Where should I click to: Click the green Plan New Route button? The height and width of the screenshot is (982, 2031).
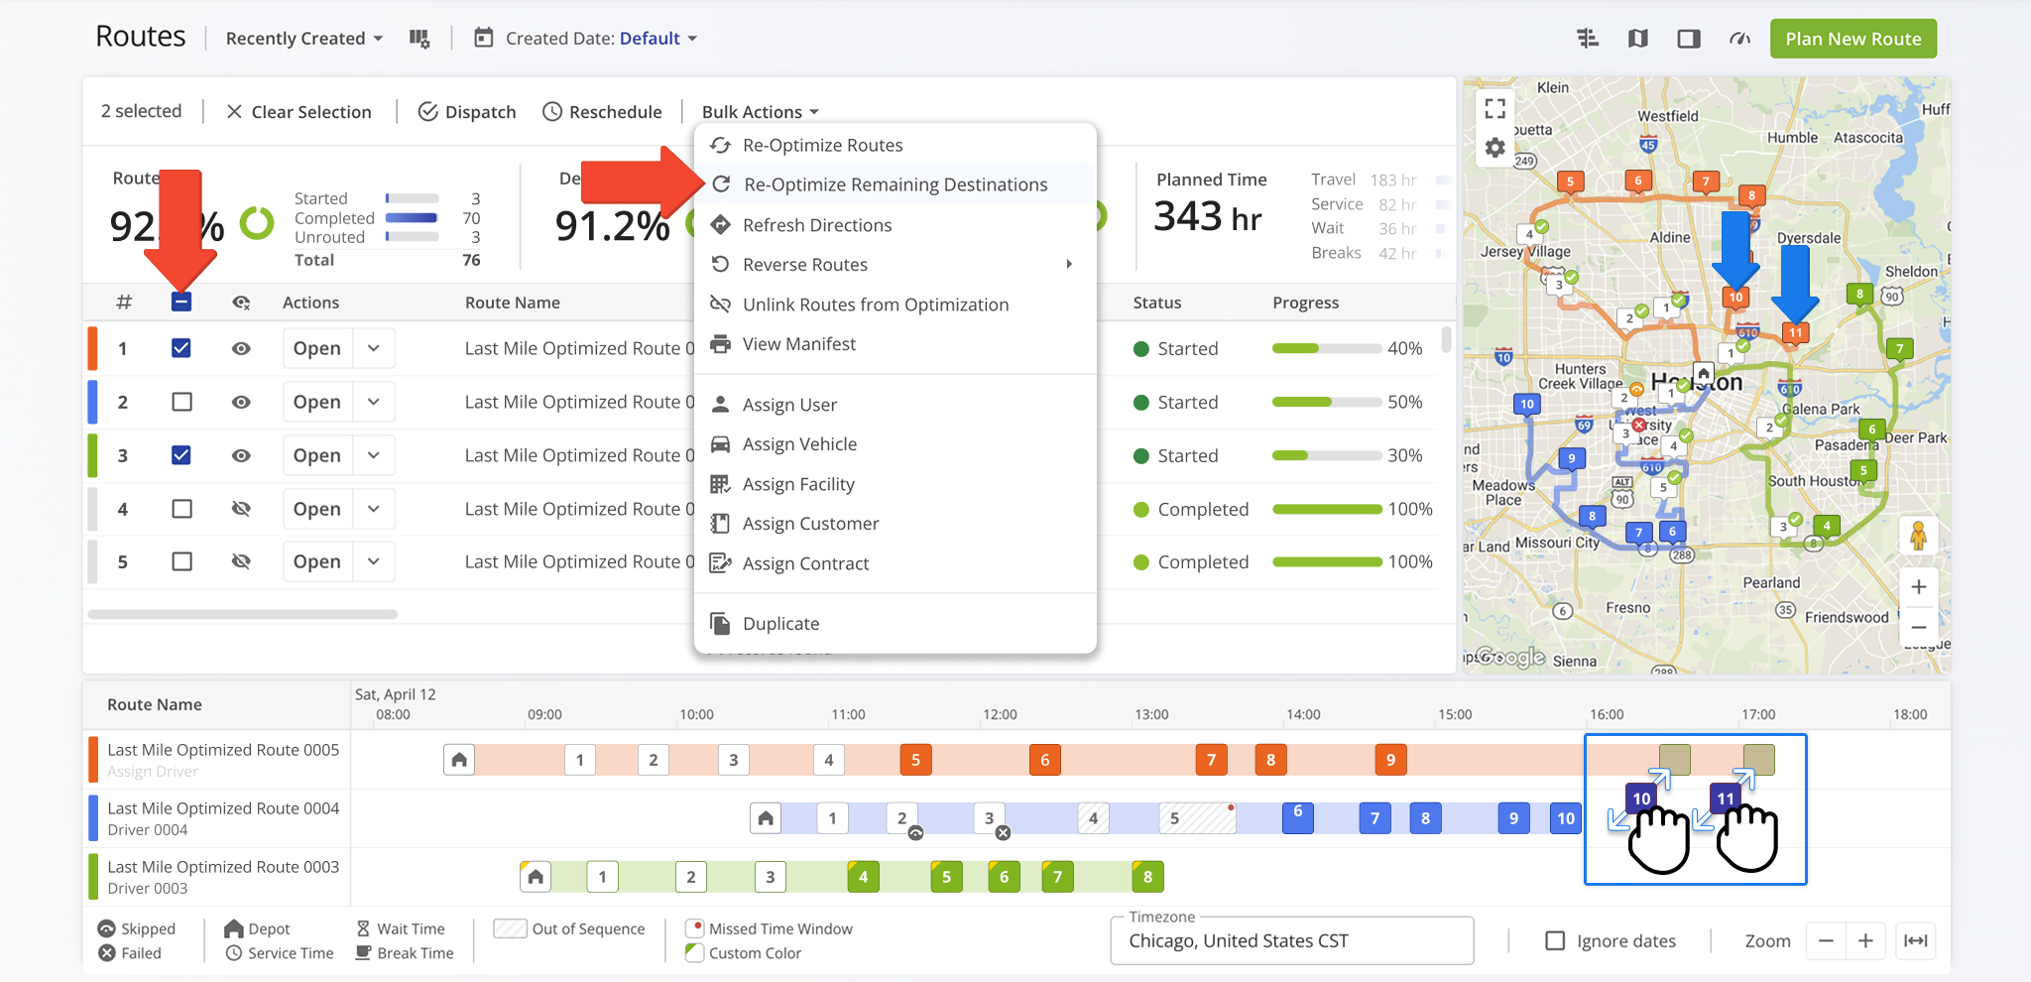coord(1852,39)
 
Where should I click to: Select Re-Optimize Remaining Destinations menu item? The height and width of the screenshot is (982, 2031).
coord(895,184)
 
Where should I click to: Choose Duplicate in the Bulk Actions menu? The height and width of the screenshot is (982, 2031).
coord(780,624)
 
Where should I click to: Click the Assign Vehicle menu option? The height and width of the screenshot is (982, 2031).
coord(799,444)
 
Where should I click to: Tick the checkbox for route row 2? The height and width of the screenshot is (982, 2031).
coord(181,402)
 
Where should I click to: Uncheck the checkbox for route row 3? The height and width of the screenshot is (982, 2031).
coord(181,455)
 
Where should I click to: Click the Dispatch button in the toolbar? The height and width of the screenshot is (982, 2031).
coord(467,112)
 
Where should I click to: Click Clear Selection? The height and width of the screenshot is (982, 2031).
coord(299,112)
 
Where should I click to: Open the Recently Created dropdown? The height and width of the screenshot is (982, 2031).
coord(303,39)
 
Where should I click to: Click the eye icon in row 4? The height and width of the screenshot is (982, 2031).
coord(241,509)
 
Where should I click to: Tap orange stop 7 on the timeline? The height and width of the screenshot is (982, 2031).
coord(1211,760)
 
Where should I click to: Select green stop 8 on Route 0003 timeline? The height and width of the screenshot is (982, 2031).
coord(1147,877)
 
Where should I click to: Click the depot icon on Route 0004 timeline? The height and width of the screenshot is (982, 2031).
coord(766,818)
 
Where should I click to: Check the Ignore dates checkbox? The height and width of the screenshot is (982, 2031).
coord(1555,940)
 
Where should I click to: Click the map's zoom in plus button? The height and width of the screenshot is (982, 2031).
coord(1919,586)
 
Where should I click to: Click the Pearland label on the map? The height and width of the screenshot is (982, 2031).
coord(1771,582)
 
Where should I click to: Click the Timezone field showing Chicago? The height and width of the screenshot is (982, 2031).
coord(1291,940)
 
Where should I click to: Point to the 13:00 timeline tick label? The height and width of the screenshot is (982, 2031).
coord(1151,714)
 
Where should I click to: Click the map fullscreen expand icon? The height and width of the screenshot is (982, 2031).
coord(1495,107)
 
